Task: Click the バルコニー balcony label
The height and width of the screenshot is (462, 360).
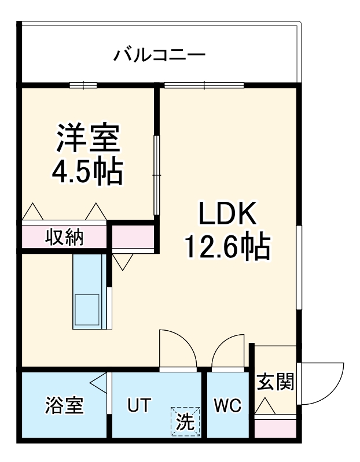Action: (x=159, y=56)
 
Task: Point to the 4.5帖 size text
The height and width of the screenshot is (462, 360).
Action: (x=88, y=172)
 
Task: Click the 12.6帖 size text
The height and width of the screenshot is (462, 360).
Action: (x=227, y=247)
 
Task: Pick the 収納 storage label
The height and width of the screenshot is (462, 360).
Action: (x=65, y=237)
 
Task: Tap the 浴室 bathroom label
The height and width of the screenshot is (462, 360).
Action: (x=65, y=405)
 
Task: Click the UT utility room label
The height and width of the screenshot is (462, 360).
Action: (x=139, y=405)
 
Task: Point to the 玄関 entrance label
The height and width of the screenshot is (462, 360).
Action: (x=275, y=382)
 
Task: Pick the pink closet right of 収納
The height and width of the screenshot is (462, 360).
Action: (x=133, y=237)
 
